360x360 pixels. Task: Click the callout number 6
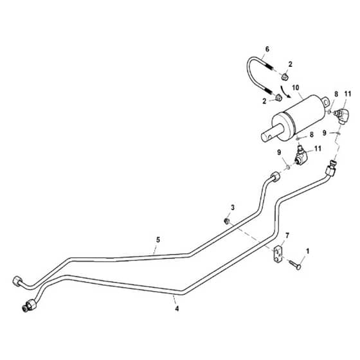coord(267,49)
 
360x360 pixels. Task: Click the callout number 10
coord(296,87)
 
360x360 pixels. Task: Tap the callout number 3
coord(233,208)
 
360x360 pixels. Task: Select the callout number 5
coord(158,240)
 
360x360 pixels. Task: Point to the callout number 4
coord(177,309)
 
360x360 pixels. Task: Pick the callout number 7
coord(287,235)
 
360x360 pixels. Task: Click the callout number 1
coord(308,251)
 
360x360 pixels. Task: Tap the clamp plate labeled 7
coord(278,255)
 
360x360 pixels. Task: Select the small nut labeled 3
coord(227,221)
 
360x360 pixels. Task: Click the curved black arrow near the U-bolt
coord(284,91)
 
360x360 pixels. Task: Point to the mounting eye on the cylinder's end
coord(325,102)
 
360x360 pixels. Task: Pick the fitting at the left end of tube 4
coord(28,306)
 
